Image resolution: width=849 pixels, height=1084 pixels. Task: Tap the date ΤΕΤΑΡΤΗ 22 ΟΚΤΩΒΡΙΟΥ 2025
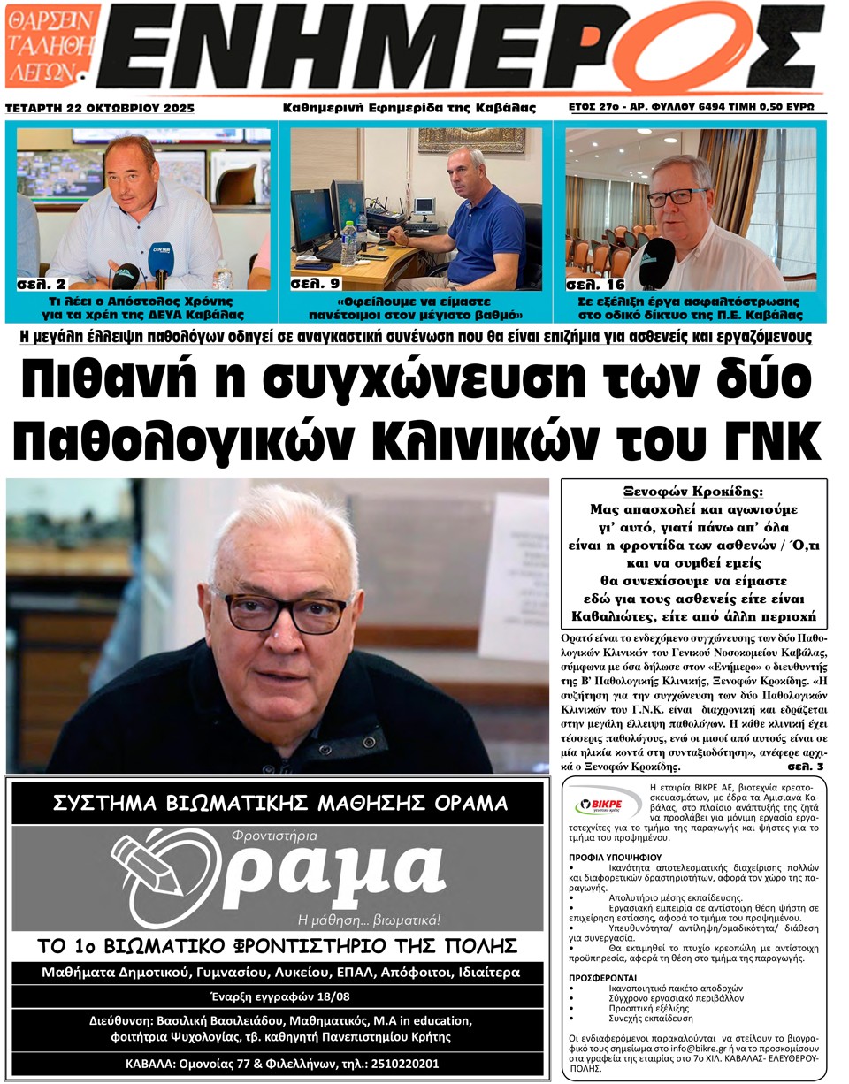tap(100, 108)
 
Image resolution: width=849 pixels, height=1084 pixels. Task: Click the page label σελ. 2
tap(41, 285)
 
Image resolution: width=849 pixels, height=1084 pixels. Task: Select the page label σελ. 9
tap(315, 285)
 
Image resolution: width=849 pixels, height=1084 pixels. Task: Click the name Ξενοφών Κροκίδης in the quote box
tap(693, 492)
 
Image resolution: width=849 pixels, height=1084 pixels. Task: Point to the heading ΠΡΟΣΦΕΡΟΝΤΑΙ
tap(606, 977)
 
